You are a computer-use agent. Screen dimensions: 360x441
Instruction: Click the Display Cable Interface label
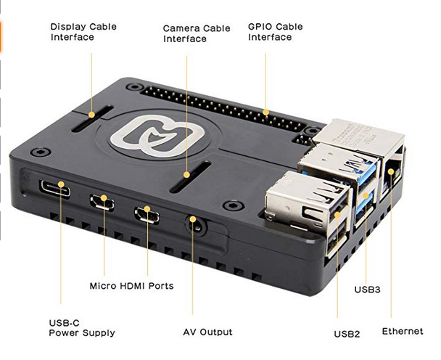click(83, 32)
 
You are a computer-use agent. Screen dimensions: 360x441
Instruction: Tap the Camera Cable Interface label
click(196, 33)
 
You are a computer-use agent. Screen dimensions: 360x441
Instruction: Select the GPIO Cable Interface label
click(275, 32)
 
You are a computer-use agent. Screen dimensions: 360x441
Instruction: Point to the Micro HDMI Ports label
click(131, 286)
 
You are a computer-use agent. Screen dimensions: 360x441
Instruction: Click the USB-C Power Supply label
click(81, 327)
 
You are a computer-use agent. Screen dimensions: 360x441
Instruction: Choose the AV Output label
click(207, 332)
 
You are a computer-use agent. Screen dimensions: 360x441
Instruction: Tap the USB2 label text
click(346, 334)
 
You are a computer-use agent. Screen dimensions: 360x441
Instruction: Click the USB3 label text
click(367, 290)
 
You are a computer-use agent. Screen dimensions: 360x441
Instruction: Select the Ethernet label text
click(402, 331)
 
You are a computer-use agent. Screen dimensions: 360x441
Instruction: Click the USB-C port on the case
click(57, 190)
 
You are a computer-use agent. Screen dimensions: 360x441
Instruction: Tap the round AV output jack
click(194, 222)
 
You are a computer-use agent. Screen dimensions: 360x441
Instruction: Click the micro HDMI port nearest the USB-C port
click(102, 201)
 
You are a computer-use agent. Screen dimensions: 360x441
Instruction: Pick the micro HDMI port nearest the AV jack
click(147, 214)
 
